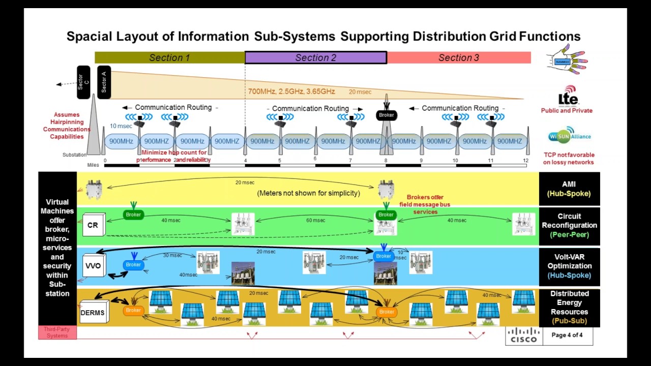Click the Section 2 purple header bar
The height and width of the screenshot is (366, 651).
pyautogui.click(x=316, y=57)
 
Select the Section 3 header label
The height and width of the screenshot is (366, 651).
pyautogui.click(x=459, y=57)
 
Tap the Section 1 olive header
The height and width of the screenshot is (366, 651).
pyautogui.click(x=169, y=57)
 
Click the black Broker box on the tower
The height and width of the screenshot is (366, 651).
pyautogui.click(x=387, y=115)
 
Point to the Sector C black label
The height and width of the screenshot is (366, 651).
pyautogui.click(x=83, y=82)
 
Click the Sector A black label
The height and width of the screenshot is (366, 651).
pyautogui.click(x=104, y=82)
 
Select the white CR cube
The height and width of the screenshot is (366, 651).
pyautogui.click(x=93, y=225)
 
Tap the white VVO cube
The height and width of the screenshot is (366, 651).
pyautogui.click(x=94, y=266)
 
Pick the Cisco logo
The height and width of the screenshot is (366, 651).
pyautogui.click(x=524, y=335)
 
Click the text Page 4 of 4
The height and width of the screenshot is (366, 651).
pyautogui.click(x=567, y=335)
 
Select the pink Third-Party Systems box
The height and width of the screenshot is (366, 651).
pyautogui.click(x=57, y=332)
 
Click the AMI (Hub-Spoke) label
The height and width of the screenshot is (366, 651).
pyautogui.click(x=569, y=189)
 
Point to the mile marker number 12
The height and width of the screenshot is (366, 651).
pyautogui.click(x=525, y=161)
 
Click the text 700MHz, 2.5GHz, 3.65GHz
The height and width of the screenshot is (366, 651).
pyautogui.click(x=291, y=91)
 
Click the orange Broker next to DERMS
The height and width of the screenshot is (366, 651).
pyautogui.click(x=133, y=310)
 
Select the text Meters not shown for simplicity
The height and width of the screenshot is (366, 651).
pyautogui.click(x=308, y=193)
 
